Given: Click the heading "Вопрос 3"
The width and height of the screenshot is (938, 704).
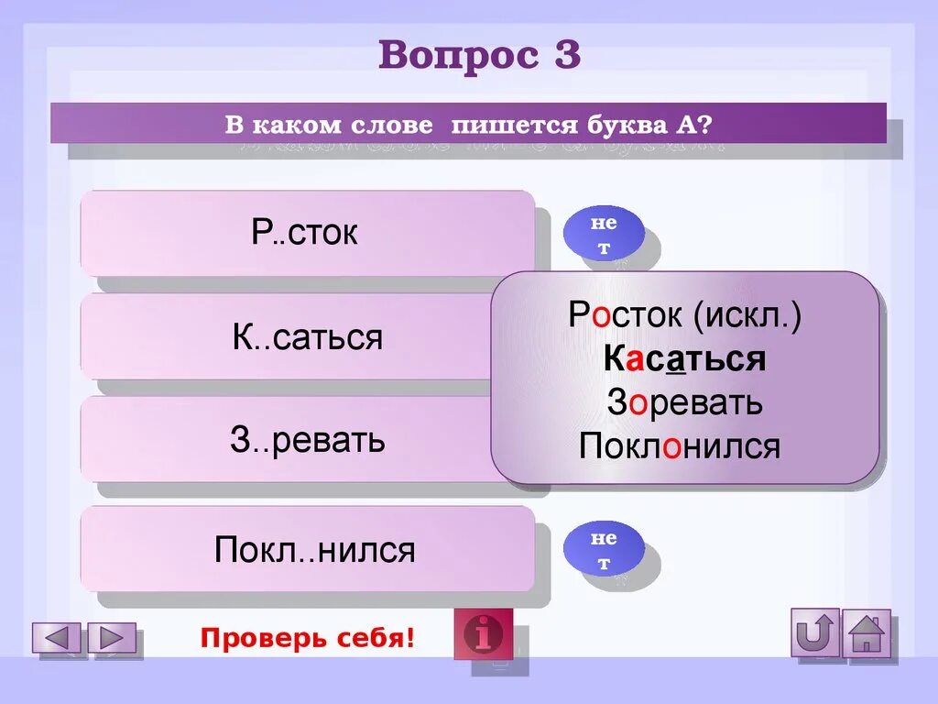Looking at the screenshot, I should tap(479, 56).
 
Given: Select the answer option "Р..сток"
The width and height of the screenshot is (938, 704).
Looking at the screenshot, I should tap(306, 233).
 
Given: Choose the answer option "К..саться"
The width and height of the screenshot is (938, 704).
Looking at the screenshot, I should tap(306, 337).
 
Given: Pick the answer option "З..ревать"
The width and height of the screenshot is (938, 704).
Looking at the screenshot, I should tap(306, 441).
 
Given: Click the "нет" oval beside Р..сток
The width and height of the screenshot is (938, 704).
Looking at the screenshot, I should tap(603, 236).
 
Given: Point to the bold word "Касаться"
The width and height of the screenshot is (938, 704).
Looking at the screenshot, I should tap(684, 358).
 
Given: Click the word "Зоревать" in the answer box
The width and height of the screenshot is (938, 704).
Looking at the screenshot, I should tap(684, 401).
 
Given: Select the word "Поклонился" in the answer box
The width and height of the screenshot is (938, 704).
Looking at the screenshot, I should tap(680, 446).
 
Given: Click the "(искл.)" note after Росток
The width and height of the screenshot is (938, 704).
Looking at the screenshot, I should tap(747, 315).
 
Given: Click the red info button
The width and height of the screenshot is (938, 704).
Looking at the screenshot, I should tap(484, 633).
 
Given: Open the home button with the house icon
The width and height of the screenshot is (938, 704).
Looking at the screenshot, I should tap(866, 632).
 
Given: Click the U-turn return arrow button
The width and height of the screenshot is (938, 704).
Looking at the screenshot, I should tap(815, 632).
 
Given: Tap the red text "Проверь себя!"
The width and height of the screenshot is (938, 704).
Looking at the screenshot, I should tap(308, 637).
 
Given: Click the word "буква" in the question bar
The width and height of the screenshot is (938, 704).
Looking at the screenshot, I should tap(623, 123).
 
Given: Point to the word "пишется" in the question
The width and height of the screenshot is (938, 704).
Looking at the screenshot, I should tap(514, 123).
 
